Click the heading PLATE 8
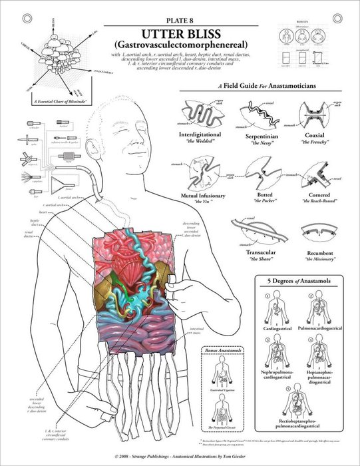(x=180, y=20)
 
